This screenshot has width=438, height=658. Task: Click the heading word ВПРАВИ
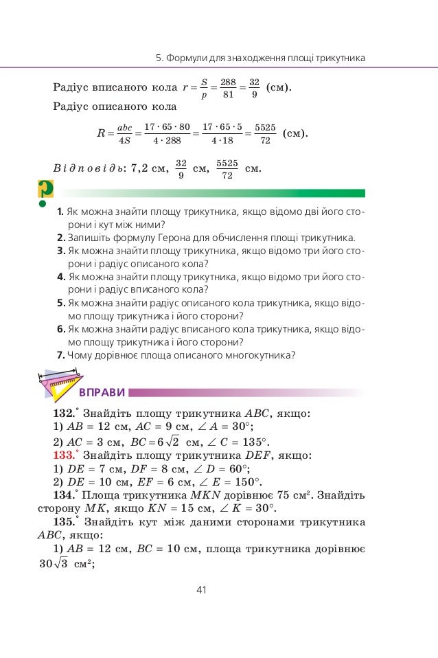coord(102,393)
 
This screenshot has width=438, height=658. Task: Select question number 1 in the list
coord(61,212)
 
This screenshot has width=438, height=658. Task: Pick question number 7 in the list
coord(61,355)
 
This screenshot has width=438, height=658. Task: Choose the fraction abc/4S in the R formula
coord(124,134)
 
